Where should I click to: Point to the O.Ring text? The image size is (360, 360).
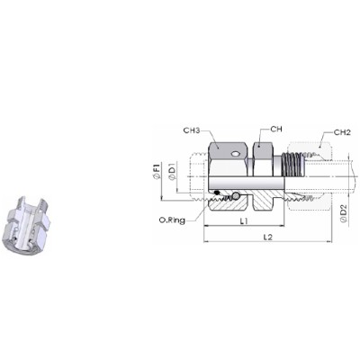click(169, 219)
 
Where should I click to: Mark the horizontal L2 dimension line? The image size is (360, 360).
click(270, 242)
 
